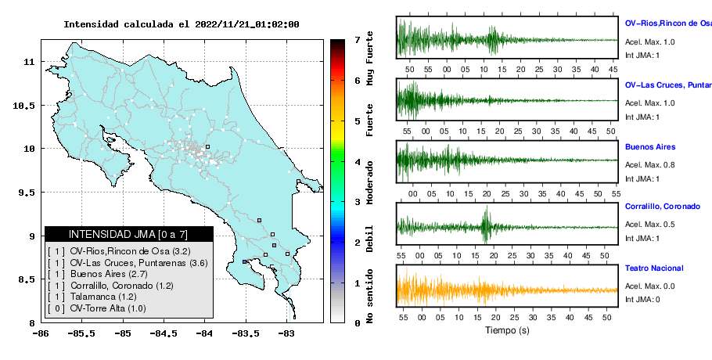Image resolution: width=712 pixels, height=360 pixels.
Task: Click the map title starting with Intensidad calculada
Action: coord(182,24)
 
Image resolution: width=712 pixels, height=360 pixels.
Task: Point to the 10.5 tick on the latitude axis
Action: coord(24,106)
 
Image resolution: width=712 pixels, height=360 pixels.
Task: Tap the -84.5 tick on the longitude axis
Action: coord(164,334)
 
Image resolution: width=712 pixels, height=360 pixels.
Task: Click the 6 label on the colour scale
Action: coord(358,81)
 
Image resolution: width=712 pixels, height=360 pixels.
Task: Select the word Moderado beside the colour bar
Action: coord(370,182)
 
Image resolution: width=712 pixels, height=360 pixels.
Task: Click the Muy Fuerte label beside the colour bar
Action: coord(370,59)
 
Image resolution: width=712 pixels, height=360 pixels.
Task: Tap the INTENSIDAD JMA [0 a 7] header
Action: coord(128,234)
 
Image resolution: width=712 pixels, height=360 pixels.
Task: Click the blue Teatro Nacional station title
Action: coord(654,268)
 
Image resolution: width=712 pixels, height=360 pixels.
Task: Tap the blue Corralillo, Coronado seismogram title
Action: coord(663,207)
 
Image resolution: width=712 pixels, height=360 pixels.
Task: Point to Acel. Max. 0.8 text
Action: coord(649,165)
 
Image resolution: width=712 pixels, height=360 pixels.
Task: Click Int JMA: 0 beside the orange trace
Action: coord(642,300)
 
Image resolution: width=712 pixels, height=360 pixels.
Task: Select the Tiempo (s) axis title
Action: coord(507,330)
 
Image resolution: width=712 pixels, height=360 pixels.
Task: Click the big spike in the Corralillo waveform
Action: coord(487,224)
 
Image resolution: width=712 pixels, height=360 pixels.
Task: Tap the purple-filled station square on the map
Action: coord(244,262)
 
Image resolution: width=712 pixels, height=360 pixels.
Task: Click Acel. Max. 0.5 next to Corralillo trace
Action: coord(649,225)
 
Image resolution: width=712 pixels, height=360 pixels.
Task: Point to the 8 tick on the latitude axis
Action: coord(32,323)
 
